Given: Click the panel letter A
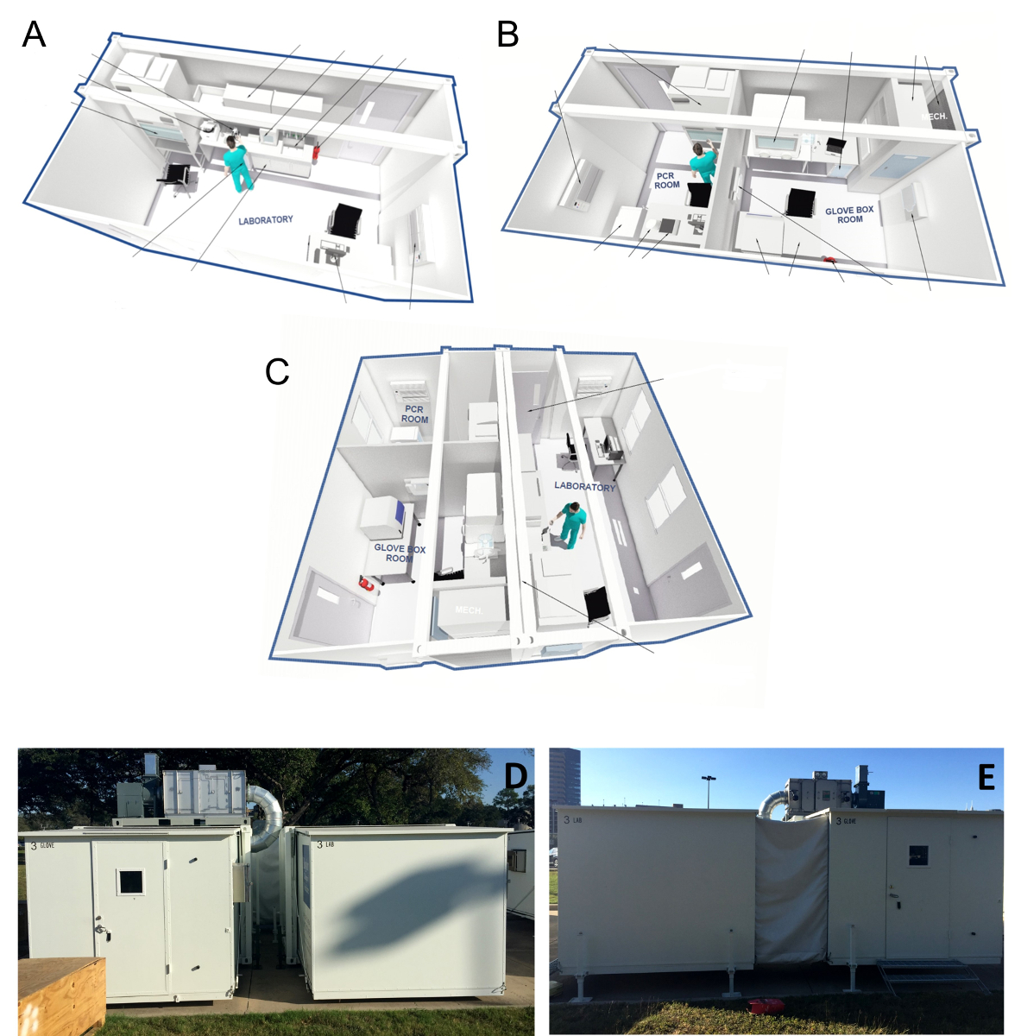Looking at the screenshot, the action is (34, 35).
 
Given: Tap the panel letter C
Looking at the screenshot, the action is (277, 371).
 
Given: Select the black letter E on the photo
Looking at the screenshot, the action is (986, 778).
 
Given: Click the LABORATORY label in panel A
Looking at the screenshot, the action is (266, 221).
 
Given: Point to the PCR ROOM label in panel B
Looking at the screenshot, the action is (666, 180).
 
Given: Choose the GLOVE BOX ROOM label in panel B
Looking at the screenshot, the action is (849, 215).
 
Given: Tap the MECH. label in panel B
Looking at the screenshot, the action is (935, 117).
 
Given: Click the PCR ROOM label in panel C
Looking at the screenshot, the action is (414, 414).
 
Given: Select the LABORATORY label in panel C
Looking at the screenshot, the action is (585, 487).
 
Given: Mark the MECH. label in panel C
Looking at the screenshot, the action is (469, 610).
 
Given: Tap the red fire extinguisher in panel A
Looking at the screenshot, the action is (320, 152).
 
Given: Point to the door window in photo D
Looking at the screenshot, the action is (130, 881).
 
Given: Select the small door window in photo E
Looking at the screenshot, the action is (918, 856).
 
